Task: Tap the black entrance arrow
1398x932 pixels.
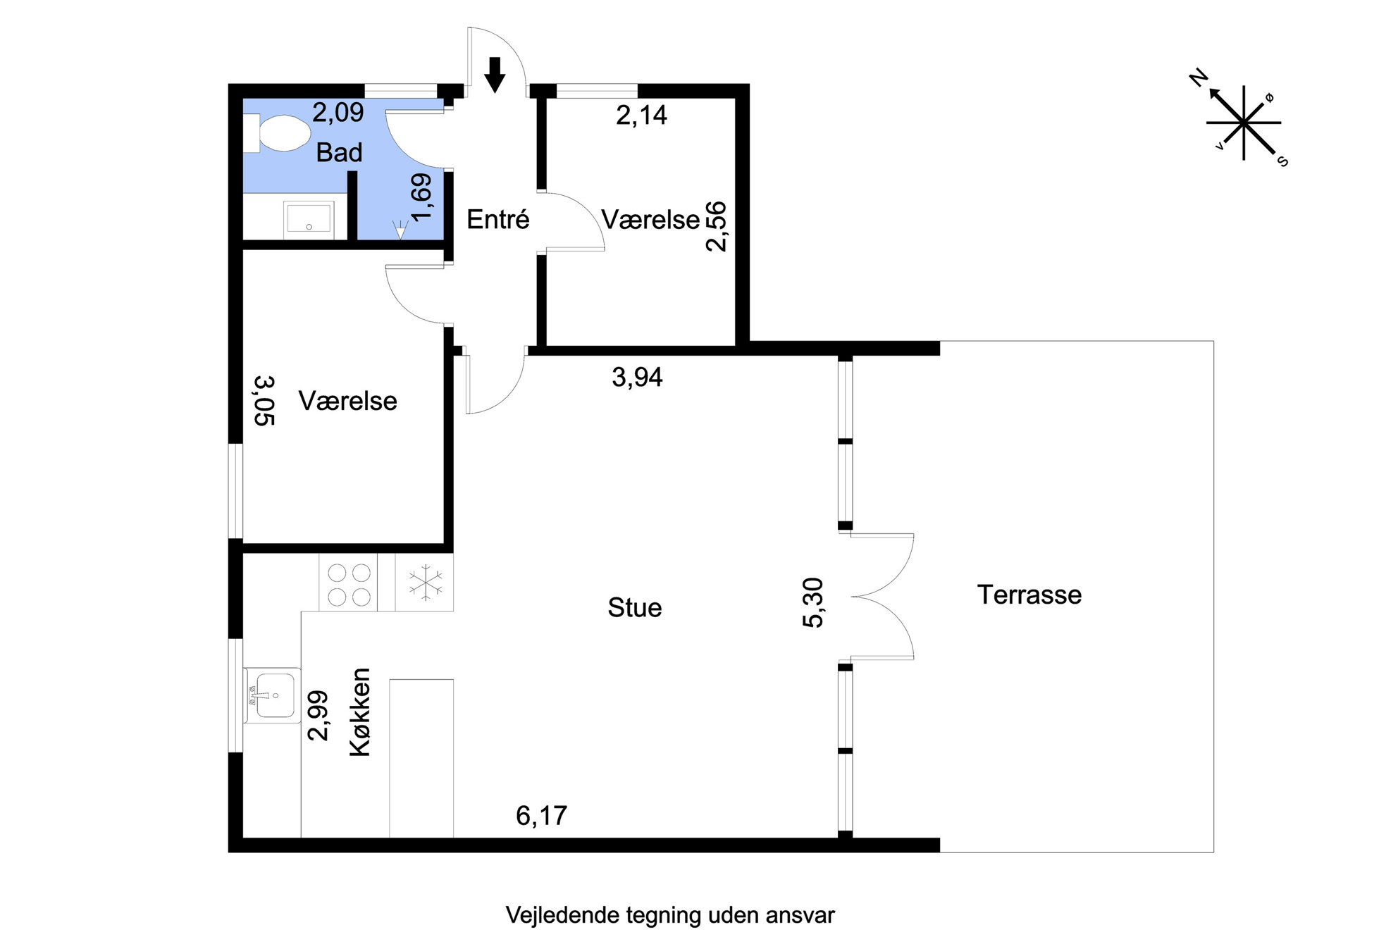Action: point(495,75)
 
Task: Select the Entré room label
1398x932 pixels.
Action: point(497,220)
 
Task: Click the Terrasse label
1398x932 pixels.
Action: point(1029,595)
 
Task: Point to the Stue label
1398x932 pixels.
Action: point(635,607)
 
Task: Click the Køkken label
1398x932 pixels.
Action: point(360,712)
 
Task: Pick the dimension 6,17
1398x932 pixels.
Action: point(541,815)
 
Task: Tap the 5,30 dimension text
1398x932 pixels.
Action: point(813,602)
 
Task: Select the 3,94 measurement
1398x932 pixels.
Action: point(637,377)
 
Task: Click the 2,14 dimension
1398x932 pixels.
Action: point(641,115)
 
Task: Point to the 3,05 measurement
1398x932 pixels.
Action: point(264,401)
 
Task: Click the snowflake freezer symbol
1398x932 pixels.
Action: point(426,583)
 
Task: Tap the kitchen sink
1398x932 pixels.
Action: point(273,695)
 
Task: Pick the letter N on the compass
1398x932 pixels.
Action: point(1199,78)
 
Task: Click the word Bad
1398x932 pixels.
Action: point(339,152)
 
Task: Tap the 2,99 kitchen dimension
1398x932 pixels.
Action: point(318,715)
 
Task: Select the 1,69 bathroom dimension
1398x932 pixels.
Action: point(421,197)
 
